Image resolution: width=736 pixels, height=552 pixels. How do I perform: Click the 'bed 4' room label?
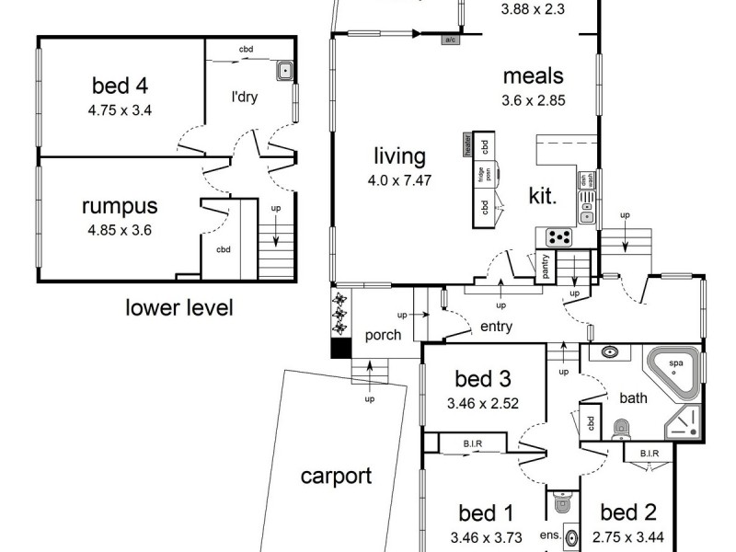[120, 86]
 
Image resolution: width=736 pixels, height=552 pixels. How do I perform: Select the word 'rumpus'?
[120, 206]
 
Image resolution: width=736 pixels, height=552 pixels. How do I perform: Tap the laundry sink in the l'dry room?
[284, 69]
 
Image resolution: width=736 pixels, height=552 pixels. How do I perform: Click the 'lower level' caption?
[178, 307]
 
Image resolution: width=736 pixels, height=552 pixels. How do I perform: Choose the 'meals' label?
[533, 76]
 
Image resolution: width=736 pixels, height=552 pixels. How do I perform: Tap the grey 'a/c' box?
[451, 40]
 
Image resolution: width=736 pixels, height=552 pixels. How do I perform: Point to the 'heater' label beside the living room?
[467, 145]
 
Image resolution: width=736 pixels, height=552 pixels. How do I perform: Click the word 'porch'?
[383, 335]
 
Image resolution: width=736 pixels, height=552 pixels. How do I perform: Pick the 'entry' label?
[495, 327]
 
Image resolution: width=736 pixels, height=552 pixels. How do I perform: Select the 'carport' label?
[336, 476]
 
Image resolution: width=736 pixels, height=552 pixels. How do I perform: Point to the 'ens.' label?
[550, 534]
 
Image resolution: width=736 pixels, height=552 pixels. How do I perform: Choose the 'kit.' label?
[541, 194]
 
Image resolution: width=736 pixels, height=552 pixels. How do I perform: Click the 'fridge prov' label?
[480, 176]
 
